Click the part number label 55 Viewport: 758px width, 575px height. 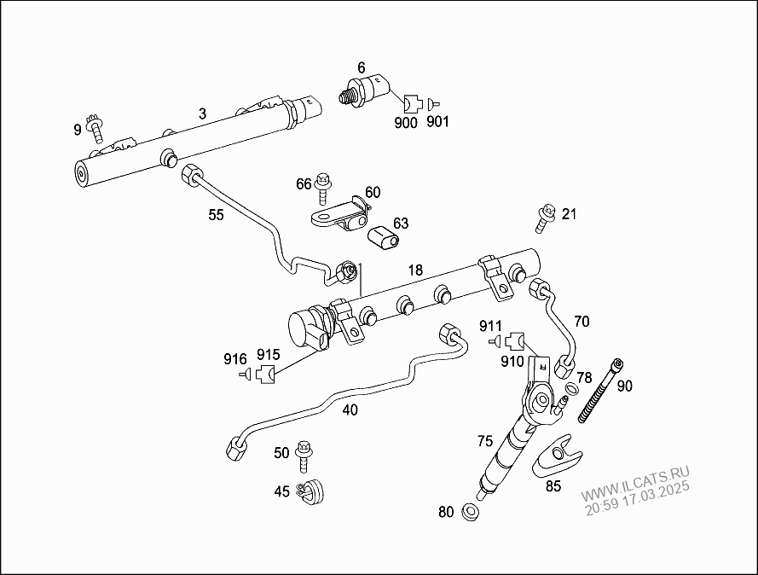[216, 215]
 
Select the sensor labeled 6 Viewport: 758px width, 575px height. [367, 88]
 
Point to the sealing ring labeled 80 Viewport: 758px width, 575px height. [469, 512]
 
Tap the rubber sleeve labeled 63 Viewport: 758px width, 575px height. [384, 236]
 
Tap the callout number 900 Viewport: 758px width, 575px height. [406, 122]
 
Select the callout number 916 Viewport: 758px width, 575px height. [235, 358]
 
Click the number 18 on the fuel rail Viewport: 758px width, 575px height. [414, 270]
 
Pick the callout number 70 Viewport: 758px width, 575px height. [582, 322]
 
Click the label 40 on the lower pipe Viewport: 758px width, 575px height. [350, 409]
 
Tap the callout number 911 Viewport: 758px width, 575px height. [490, 326]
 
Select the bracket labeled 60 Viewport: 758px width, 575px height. [341, 213]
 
